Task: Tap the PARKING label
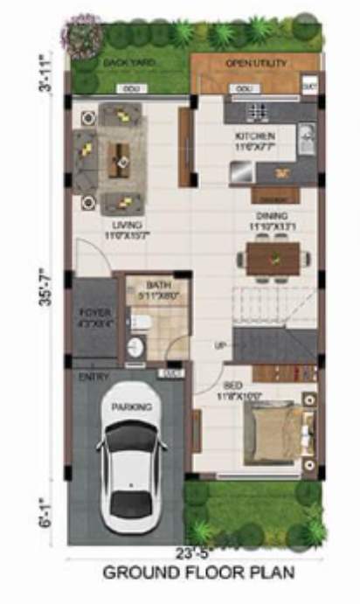[x=131, y=407]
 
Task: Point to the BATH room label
[x=159, y=285]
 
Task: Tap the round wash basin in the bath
[x=136, y=348]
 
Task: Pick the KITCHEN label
[x=255, y=136]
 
